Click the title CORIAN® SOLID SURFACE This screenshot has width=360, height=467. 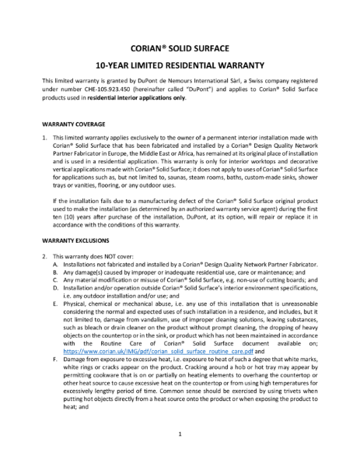(x=180, y=46)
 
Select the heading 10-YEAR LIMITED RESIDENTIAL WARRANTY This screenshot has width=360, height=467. (x=180, y=65)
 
